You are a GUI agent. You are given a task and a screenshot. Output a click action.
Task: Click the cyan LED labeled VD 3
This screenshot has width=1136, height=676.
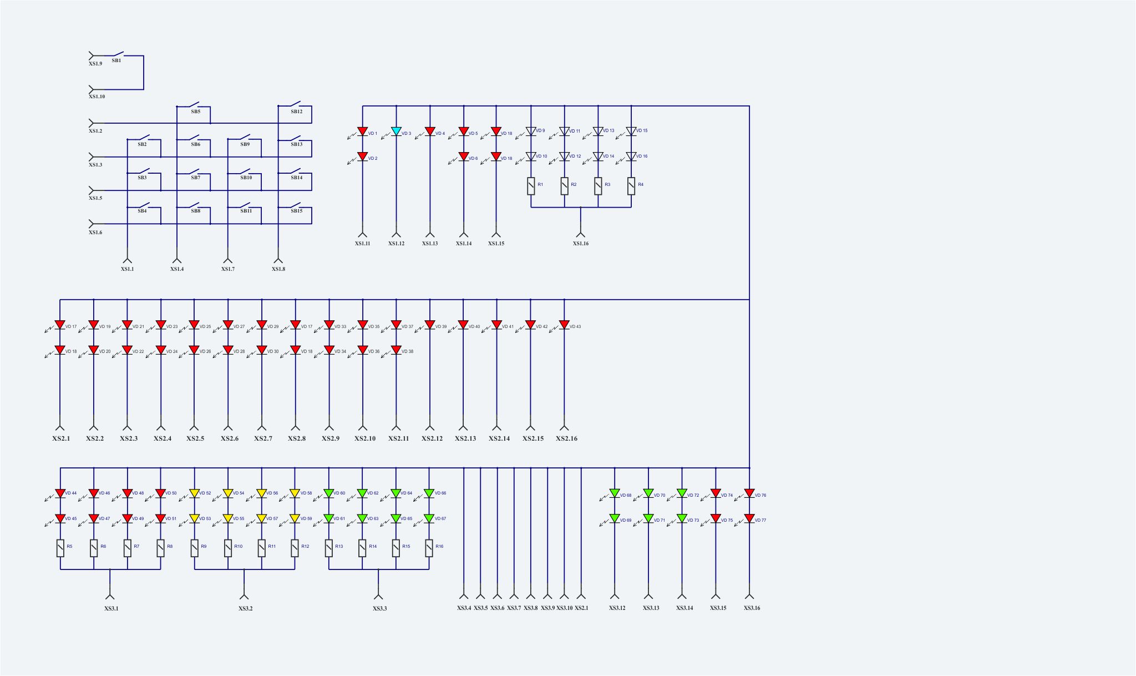point(396,132)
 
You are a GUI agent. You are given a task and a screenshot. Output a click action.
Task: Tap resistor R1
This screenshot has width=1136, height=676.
point(531,186)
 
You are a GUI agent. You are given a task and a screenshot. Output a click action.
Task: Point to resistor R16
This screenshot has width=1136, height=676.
point(429,548)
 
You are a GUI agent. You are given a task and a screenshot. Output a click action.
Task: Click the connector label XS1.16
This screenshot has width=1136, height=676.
point(581,244)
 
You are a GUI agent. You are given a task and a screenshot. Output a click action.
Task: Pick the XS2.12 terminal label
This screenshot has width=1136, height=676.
point(432,438)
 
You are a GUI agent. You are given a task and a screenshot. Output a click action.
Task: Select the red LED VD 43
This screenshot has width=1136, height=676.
point(564,325)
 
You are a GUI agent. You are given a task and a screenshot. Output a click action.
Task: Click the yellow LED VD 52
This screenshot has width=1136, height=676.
point(194,493)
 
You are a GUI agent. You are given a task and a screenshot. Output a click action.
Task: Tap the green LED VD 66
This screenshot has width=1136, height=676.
point(429,493)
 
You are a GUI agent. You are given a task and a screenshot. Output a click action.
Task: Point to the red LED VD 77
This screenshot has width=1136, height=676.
point(749,518)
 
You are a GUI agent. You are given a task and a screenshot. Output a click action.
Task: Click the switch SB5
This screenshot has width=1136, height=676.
point(194,105)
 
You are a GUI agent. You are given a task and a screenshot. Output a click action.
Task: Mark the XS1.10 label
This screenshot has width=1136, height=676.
point(97,97)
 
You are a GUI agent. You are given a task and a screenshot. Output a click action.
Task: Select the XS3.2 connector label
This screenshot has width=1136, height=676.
point(246,609)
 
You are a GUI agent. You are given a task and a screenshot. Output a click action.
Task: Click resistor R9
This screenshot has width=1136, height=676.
point(195,548)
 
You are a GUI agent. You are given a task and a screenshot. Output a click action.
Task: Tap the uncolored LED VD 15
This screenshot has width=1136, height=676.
point(631,132)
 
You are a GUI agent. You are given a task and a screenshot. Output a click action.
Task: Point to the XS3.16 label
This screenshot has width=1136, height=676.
point(752,608)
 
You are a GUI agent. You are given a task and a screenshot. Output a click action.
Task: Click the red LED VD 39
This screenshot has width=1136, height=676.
point(429,325)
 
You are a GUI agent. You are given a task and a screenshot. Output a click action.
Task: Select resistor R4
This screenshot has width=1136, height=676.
point(631,186)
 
